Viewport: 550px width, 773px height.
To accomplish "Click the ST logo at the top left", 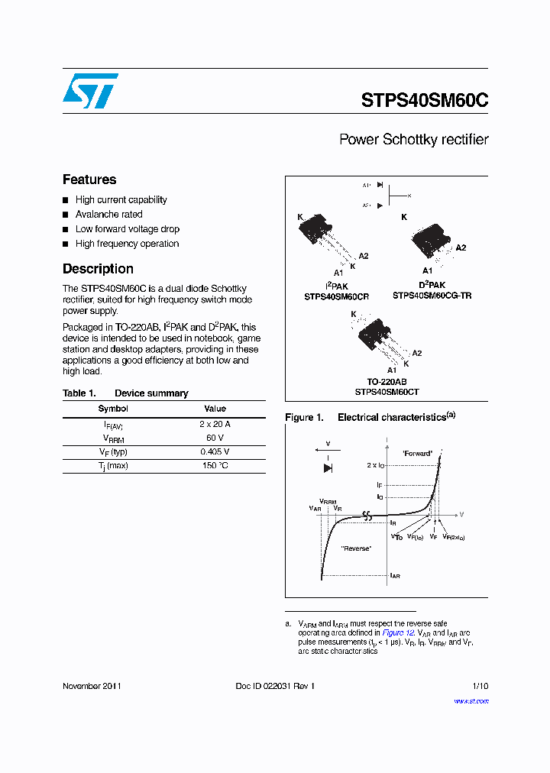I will point(91,91).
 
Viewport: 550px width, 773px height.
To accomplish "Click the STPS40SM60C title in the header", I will point(424,101).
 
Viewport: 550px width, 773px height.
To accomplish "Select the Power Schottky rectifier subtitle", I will point(413,140).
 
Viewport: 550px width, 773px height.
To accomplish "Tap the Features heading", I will point(89,180).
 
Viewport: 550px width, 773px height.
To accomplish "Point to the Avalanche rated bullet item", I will point(108,215).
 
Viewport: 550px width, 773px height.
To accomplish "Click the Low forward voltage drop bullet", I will point(127,229).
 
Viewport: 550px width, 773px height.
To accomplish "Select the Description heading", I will point(98,269).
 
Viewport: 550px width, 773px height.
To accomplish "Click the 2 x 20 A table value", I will point(215,424).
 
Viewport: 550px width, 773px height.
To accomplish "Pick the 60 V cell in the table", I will point(215,438).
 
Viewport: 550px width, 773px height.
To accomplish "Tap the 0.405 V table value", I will point(215,451).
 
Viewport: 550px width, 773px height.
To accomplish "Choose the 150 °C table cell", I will point(215,466).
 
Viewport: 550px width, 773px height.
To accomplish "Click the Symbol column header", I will point(113,409).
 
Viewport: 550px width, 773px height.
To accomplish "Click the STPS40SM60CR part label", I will point(337,296).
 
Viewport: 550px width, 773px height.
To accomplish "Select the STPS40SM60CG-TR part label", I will point(432,295).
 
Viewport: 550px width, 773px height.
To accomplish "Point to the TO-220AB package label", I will point(387,382).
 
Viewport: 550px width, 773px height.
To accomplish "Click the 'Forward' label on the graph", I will point(417,454).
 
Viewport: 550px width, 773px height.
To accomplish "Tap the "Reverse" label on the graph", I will point(357,548).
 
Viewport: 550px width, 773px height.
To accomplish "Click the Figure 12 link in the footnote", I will point(398,633).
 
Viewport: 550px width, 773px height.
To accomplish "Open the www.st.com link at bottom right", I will point(471,701).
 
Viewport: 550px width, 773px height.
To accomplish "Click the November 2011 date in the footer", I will point(92,686).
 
